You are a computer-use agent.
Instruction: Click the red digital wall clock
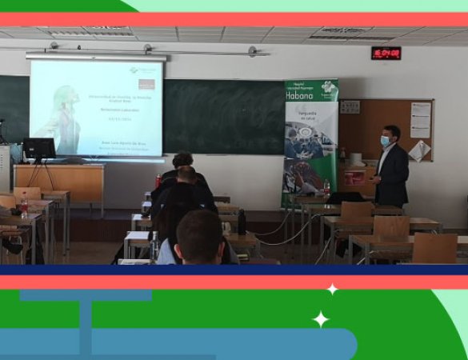tap(386, 53)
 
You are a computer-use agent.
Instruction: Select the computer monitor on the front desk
tap(38, 149)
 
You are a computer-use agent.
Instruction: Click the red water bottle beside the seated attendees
tap(158, 182)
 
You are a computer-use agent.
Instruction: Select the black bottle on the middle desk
tap(242, 222)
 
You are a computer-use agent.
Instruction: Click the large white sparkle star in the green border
tap(321, 319)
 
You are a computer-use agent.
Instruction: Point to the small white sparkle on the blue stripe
tap(332, 289)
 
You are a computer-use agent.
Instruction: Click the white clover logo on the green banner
tap(325, 90)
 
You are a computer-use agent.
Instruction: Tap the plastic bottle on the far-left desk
tap(24, 206)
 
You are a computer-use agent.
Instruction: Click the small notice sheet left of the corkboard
tap(350, 107)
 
